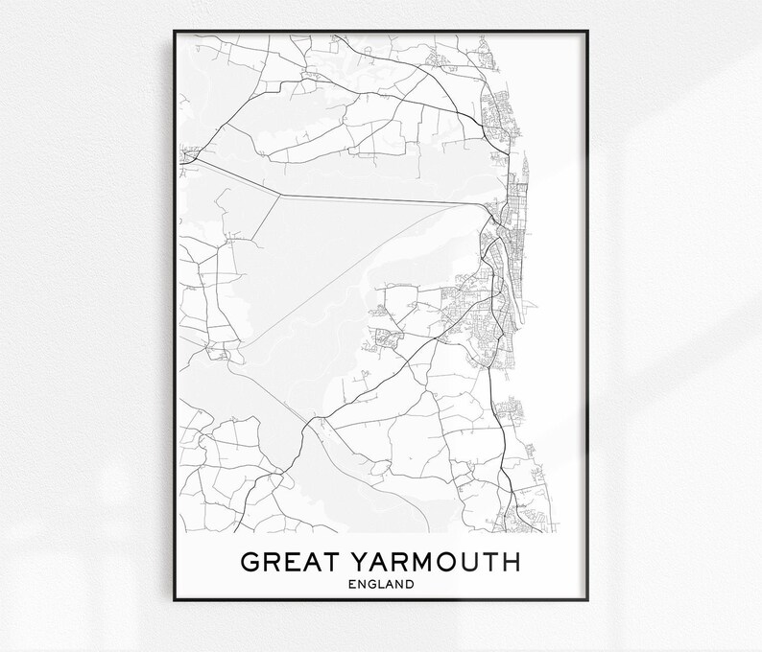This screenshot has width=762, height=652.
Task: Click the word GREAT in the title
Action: pos(286,561)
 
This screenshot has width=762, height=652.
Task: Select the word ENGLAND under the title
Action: pos(382,583)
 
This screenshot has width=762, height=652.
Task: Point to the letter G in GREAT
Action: pos(250,561)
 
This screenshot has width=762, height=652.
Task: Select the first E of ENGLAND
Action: pos(355,583)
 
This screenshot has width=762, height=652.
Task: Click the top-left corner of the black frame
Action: pos(175,32)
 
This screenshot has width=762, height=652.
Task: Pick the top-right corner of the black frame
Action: pos(587,32)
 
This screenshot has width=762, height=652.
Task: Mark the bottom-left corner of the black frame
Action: pos(175,600)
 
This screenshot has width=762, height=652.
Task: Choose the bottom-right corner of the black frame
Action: pos(587,600)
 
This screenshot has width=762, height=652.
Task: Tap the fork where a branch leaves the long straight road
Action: pos(279,194)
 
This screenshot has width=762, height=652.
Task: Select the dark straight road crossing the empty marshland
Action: pos(384,198)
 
